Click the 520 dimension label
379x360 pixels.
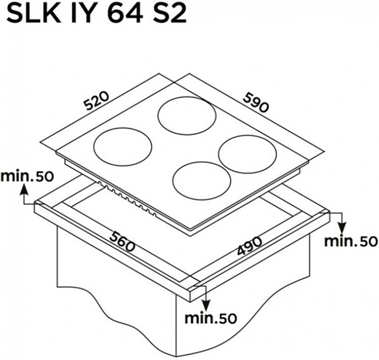click(x=96, y=101)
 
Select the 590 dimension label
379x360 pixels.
click(x=256, y=103)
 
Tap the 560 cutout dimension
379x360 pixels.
click(x=122, y=242)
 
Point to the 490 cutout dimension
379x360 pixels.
click(x=249, y=245)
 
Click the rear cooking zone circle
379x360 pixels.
click(x=187, y=97)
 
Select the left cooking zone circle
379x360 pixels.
click(x=122, y=128)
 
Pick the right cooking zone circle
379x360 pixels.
click(x=247, y=136)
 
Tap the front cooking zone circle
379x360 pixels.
click(x=202, y=162)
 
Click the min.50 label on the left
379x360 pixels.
click(x=27, y=176)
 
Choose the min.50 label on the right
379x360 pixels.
click(x=350, y=241)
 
